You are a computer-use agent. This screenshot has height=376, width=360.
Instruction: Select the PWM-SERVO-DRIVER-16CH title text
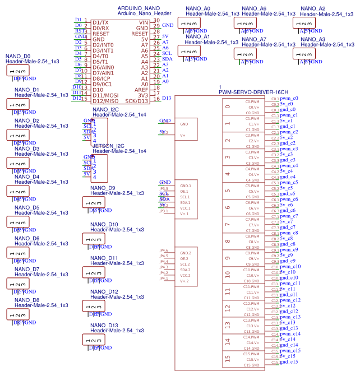coord(253,91)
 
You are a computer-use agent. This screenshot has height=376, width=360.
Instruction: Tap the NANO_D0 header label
coord(18,57)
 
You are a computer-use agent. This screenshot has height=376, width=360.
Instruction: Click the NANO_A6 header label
coord(254,8)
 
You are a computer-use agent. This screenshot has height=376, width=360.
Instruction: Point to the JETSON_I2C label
coord(109,146)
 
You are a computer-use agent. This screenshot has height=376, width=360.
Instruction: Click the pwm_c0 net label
coord(289,99)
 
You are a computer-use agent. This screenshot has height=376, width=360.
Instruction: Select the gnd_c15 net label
coord(289,362)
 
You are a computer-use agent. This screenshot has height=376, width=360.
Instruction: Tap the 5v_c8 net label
coord(287,239)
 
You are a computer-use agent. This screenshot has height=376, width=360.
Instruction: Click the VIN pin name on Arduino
coord(143,22)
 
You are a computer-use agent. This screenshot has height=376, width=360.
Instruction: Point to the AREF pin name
coord(141,90)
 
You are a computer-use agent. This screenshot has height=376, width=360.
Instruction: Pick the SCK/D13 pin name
coord(137,101)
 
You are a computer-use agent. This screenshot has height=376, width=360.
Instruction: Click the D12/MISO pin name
coord(105,101)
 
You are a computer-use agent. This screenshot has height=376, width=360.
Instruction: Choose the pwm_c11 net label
coord(290,284)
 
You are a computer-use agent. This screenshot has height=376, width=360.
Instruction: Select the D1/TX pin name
coord(100,22)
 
